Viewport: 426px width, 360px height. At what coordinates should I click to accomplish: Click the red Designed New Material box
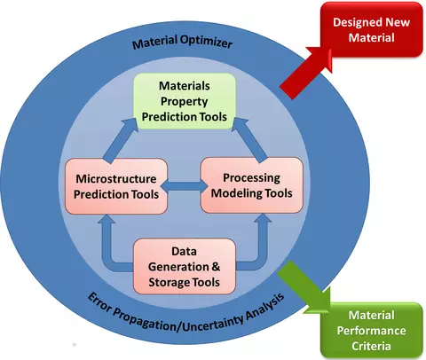point(372,29)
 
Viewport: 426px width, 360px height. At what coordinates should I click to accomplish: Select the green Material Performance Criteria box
point(372,330)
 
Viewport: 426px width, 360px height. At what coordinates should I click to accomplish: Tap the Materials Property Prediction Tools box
point(185,101)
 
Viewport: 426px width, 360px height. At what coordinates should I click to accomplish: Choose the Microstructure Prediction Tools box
point(116,186)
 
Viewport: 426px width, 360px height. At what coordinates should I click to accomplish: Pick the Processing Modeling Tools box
point(252,185)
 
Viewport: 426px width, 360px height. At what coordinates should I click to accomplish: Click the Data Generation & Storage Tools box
point(185,266)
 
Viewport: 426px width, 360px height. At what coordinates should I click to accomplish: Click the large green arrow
point(304,286)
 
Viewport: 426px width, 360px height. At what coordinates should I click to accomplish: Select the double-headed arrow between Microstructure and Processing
point(184,186)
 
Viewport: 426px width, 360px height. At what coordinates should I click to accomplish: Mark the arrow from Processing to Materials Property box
point(251,139)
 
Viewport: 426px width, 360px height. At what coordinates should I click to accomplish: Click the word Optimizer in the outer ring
point(206,42)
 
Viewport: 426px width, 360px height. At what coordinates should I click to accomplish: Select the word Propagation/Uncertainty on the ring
point(179,320)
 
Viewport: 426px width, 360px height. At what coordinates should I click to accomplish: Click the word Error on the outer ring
point(99,302)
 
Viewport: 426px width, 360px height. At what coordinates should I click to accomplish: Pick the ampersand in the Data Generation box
point(216,267)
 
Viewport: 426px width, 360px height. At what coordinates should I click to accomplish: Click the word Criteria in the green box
point(371,346)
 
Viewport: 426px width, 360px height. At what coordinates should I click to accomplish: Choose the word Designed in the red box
point(354,22)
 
